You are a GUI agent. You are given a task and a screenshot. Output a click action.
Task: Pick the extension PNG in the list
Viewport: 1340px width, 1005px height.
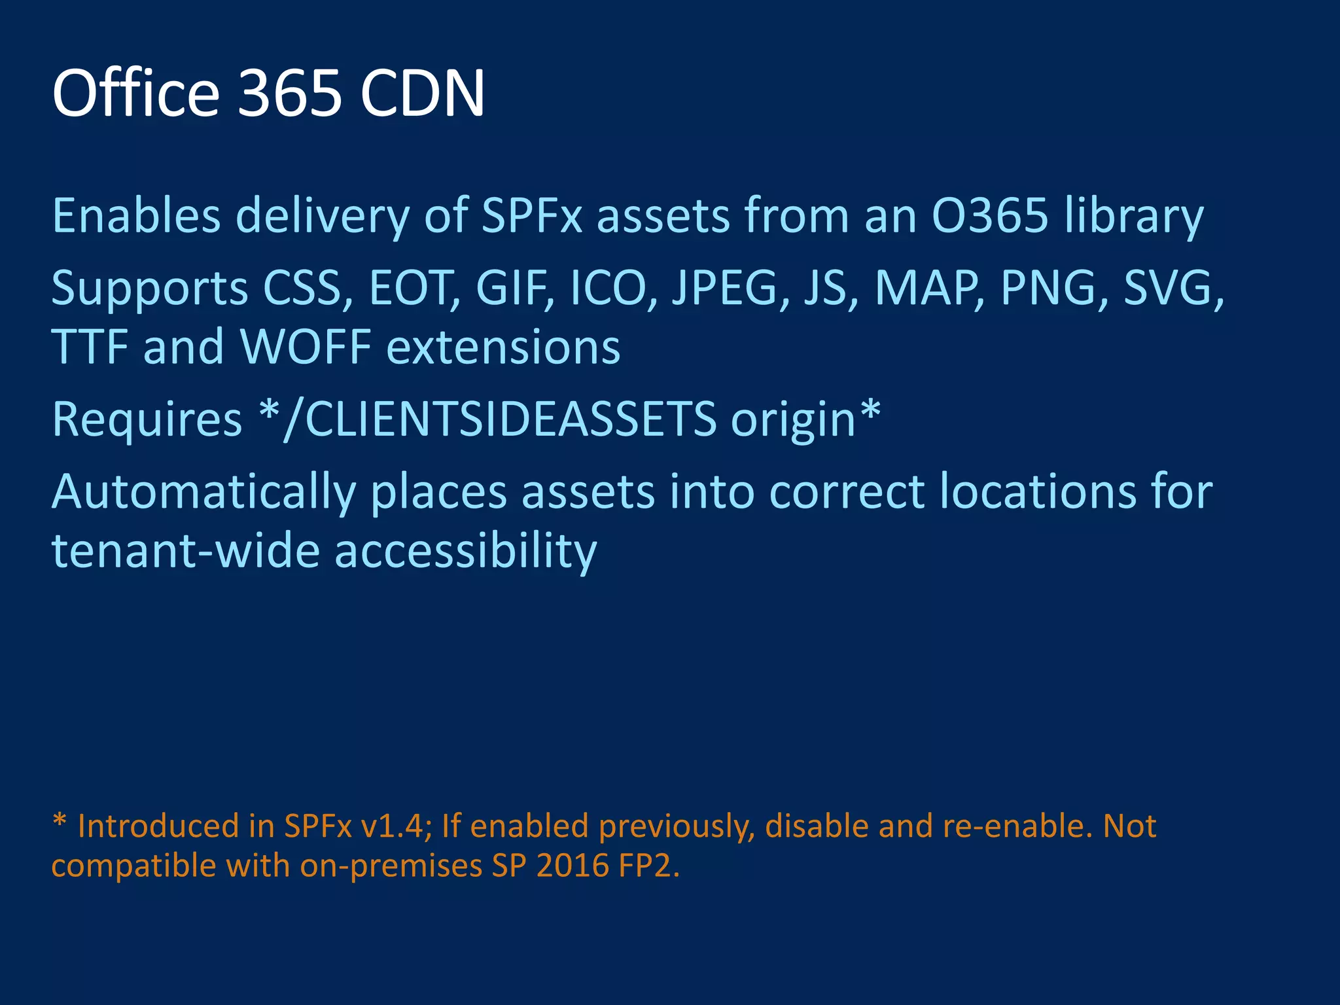click(x=1048, y=288)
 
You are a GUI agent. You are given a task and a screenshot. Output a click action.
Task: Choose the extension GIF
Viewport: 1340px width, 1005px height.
click(x=512, y=288)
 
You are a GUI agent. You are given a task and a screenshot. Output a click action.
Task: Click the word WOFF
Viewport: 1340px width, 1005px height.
click(x=306, y=346)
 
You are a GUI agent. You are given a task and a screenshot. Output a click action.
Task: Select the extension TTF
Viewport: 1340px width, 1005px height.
click(x=90, y=346)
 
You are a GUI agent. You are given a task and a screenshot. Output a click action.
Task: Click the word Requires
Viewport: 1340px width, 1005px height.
click(x=147, y=419)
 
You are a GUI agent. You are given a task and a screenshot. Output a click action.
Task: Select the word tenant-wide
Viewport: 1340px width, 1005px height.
click(x=185, y=550)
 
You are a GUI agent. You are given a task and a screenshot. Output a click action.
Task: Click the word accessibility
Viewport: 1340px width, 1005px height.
click(x=466, y=552)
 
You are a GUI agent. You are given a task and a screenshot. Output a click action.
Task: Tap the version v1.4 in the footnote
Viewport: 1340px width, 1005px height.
click(x=395, y=826)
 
